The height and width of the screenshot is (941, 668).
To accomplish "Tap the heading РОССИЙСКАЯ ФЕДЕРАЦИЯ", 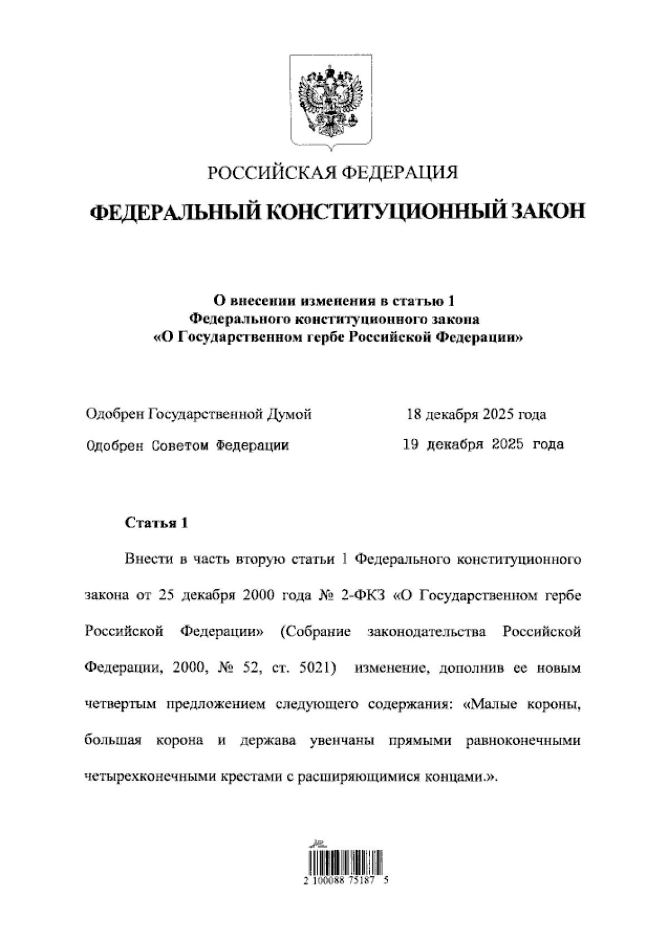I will pos(332,173).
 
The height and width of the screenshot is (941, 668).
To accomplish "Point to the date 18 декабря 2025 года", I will pos(476,415).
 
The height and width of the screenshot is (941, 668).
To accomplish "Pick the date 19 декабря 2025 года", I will pos(483,445).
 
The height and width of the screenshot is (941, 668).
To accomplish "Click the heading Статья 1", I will pos(157,523).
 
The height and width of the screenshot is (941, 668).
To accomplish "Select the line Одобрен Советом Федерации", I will pos(188,445).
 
